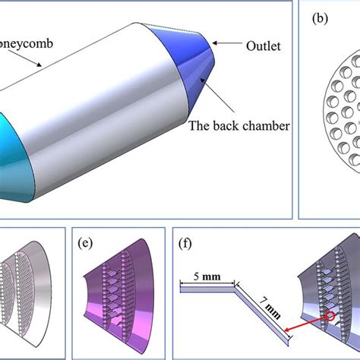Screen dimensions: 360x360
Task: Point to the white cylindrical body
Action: pos(114,114)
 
